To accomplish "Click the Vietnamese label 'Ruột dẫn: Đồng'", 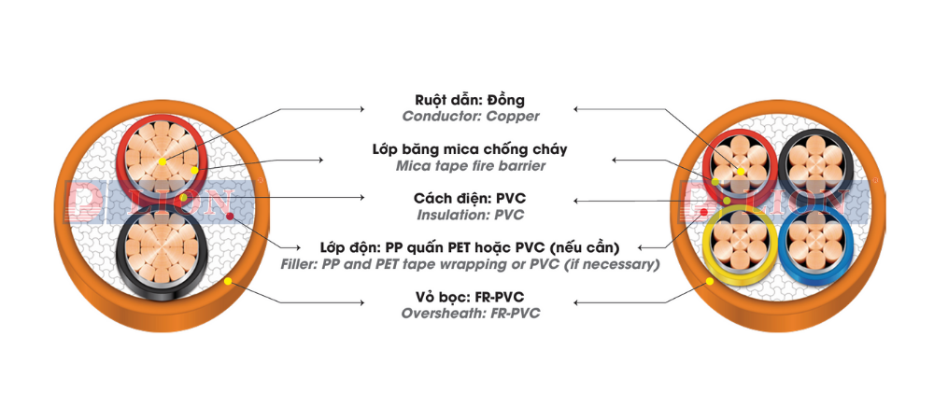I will coord(470,100).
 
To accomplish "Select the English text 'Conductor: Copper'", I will coord(470,117).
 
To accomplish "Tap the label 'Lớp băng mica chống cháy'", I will coord(470,149).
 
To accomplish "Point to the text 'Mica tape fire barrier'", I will coord(470,166).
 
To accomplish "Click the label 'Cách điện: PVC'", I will coord(470,199).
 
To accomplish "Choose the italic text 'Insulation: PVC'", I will coord(470,216).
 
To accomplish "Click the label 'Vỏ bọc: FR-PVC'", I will coord(470,298).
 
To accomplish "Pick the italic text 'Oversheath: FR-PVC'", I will coord(470,315).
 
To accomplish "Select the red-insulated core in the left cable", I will coord(161,160).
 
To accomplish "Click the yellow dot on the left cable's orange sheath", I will coord(227,281).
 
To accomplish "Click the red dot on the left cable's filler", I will coord(230,217).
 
